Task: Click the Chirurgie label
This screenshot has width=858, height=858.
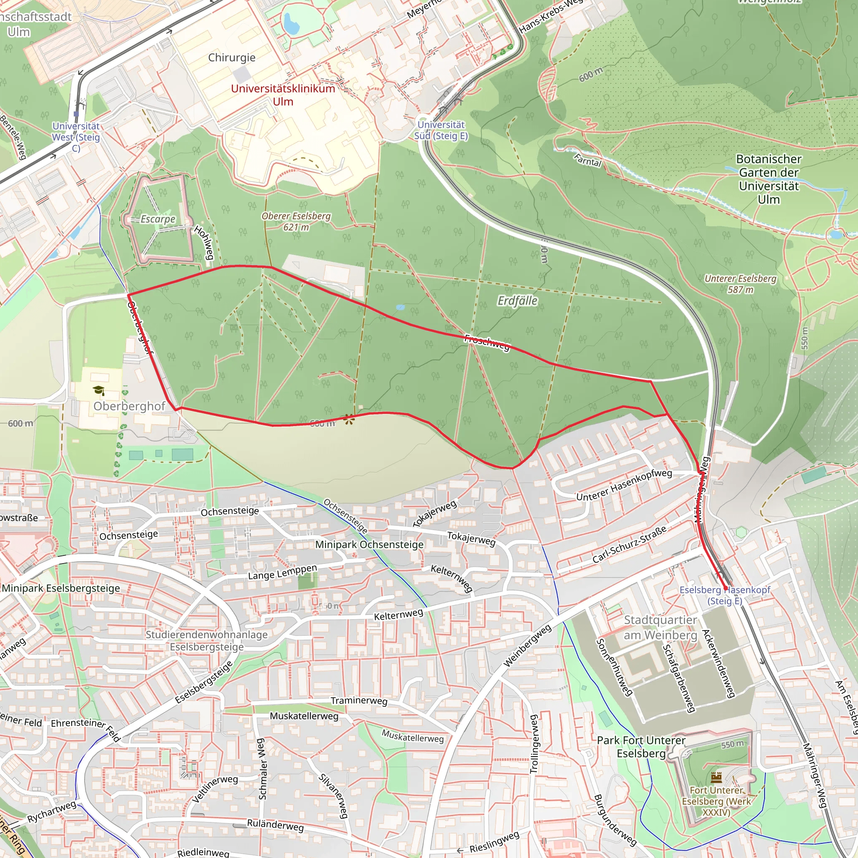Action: pyautogui.click(x=231, y=57)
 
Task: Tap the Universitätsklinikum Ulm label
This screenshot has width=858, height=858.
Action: pyautogui.click(x=283, y=95)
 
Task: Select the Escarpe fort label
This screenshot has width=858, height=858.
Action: pyautogui.click(x=158, y=219)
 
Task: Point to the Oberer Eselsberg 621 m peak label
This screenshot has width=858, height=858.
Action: pyautogui.click(x=296, y=221)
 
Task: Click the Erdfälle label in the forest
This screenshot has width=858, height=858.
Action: pyautogui.click(x=517, y=301)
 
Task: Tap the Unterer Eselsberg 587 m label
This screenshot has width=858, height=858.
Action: pyautogui.click(x=740, y=284)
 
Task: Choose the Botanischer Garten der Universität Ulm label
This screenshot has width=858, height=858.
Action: pyautogui.click(x=769, y=179)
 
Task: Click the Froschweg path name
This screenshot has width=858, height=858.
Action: pyautogui.click(x=487, y=342)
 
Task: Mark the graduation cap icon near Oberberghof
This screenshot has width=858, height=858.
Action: pyautogui.click(x=98, y=390)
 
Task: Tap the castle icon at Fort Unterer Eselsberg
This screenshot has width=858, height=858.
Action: pyautogui.click(x=716, y=777)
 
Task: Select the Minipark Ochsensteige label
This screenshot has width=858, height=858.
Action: pyautogui.click(x=369, y=545)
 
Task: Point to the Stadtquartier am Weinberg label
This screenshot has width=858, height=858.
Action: pyautogui.click(x=660, y=627)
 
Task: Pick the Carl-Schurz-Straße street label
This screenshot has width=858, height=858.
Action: pyautogui.click(x=629, y=545)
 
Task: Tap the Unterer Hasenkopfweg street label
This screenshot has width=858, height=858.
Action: pyautogui.click(x=624, y=485)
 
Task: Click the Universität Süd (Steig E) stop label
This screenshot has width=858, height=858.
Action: pyautogui.click(x=441, y=130)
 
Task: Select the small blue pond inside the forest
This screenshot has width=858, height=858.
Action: pyautogui.click(x=400, y=307)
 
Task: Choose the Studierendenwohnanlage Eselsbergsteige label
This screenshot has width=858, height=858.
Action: pyautogui.click(x=207, y=641)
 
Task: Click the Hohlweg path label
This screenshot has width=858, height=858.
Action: pyautogui.click(x=204, y=243)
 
